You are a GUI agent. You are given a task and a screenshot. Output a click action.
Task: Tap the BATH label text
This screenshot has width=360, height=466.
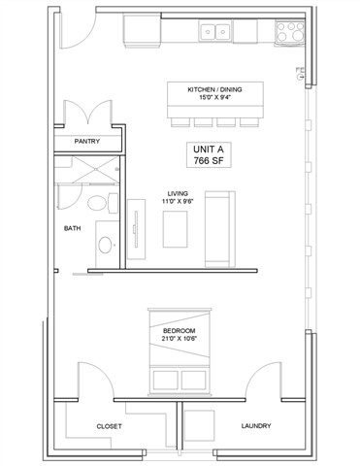coord(73,229)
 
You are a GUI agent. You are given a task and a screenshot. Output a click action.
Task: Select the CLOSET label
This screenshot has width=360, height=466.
coord(108,426)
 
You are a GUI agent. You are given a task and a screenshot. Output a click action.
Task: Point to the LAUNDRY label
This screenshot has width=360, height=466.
coord(256,426)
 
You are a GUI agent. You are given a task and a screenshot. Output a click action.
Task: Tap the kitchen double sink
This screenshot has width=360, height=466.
coord(215,33)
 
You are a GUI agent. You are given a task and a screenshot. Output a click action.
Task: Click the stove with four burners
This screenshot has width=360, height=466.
coord(288,32)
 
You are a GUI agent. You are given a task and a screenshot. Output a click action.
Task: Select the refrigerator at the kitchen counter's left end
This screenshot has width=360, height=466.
coord(144,33)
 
